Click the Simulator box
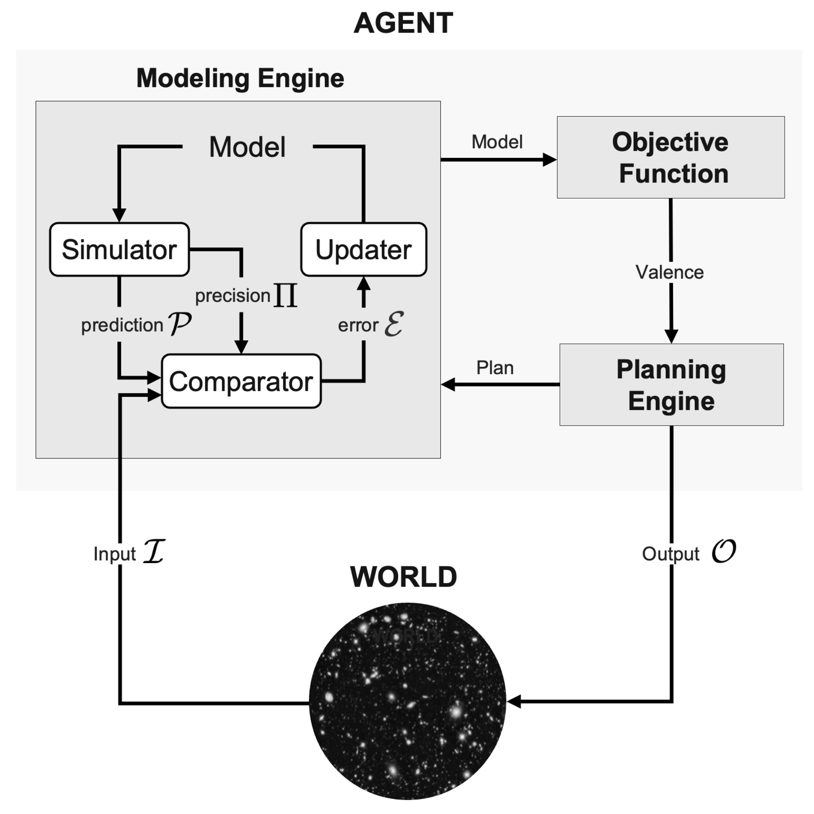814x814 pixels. tap(119, 249)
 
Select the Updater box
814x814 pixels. tap(364, 249)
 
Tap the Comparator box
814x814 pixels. tap(241, 381)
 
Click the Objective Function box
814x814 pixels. tap(671, 157)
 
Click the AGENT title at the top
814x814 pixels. tap(403, 23)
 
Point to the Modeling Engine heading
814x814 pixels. tap(240, 78)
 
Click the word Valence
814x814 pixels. tap(669, 272)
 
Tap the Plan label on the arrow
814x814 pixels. tap(495, 368)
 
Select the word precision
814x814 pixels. tap(232, 296)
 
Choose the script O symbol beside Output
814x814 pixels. tap(724, 551)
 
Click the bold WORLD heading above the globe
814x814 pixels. tap(403, 577)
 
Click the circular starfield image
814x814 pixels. tap(407, 701)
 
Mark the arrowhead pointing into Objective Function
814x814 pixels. tap(550, 160)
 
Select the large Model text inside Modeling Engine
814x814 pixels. tap(247, 147)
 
